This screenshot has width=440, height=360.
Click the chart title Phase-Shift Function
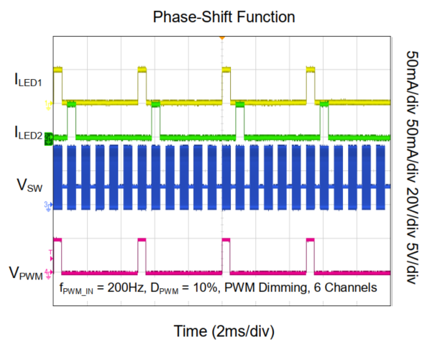[221, 15]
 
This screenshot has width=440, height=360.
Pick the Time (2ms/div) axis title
[224, 331]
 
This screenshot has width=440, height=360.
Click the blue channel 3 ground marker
[48, 206]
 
